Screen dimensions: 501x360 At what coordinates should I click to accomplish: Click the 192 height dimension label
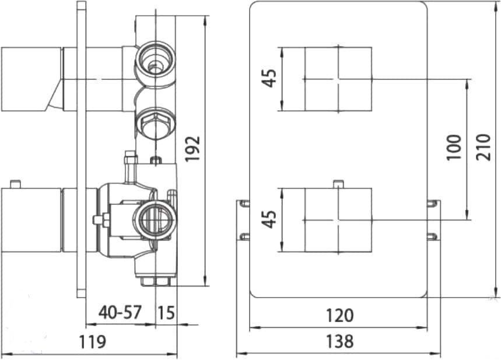192,149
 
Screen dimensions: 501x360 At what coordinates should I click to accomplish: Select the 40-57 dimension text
120,312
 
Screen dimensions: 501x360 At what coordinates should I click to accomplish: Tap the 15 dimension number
166,312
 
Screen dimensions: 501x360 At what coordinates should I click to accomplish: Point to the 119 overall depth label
92,341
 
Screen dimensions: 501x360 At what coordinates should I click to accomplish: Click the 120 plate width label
339,315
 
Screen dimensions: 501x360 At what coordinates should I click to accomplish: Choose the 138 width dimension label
339,341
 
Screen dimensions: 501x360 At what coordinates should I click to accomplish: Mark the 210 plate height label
483,147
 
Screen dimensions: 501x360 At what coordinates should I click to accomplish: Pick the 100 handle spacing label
454,148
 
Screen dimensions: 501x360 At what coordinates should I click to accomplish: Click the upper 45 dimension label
269,78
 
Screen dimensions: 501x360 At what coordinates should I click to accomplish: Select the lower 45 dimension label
269,219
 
